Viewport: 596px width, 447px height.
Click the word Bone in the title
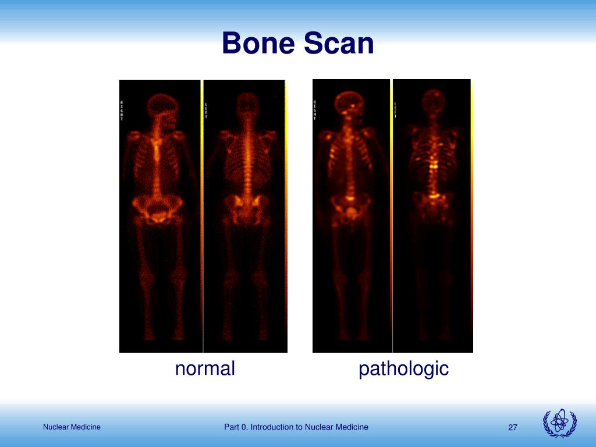click(x=258, y=44)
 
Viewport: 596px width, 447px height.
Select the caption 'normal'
click(x=205, y=368)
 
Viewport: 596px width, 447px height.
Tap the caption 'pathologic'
click(x=403, y=368)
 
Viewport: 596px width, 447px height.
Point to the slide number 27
click(x=512, y=428)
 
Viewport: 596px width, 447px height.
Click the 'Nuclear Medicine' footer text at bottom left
click(x=72, y=427)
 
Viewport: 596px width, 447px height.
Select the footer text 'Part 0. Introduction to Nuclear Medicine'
click(x=296, y=427)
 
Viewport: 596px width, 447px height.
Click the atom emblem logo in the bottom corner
click(x=559, y=423)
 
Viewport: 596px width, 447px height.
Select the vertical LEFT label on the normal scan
click(x=205, y=109)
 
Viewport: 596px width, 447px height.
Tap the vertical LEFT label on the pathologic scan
click(x=395, y=109)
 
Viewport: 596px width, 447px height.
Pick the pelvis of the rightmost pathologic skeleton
click(x=434, y=204)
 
